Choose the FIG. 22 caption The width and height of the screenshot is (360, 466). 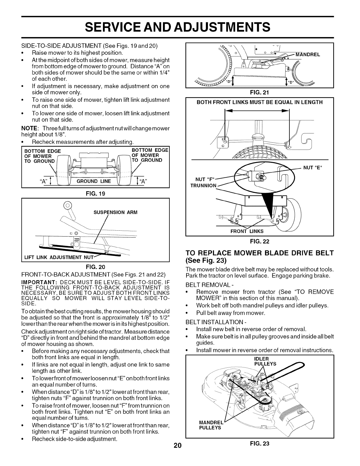(x=259, y=242)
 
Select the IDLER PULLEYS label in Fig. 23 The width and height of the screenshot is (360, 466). (x=265, y=361)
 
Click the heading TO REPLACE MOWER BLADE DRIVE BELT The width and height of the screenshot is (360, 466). (x=260, y=253)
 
